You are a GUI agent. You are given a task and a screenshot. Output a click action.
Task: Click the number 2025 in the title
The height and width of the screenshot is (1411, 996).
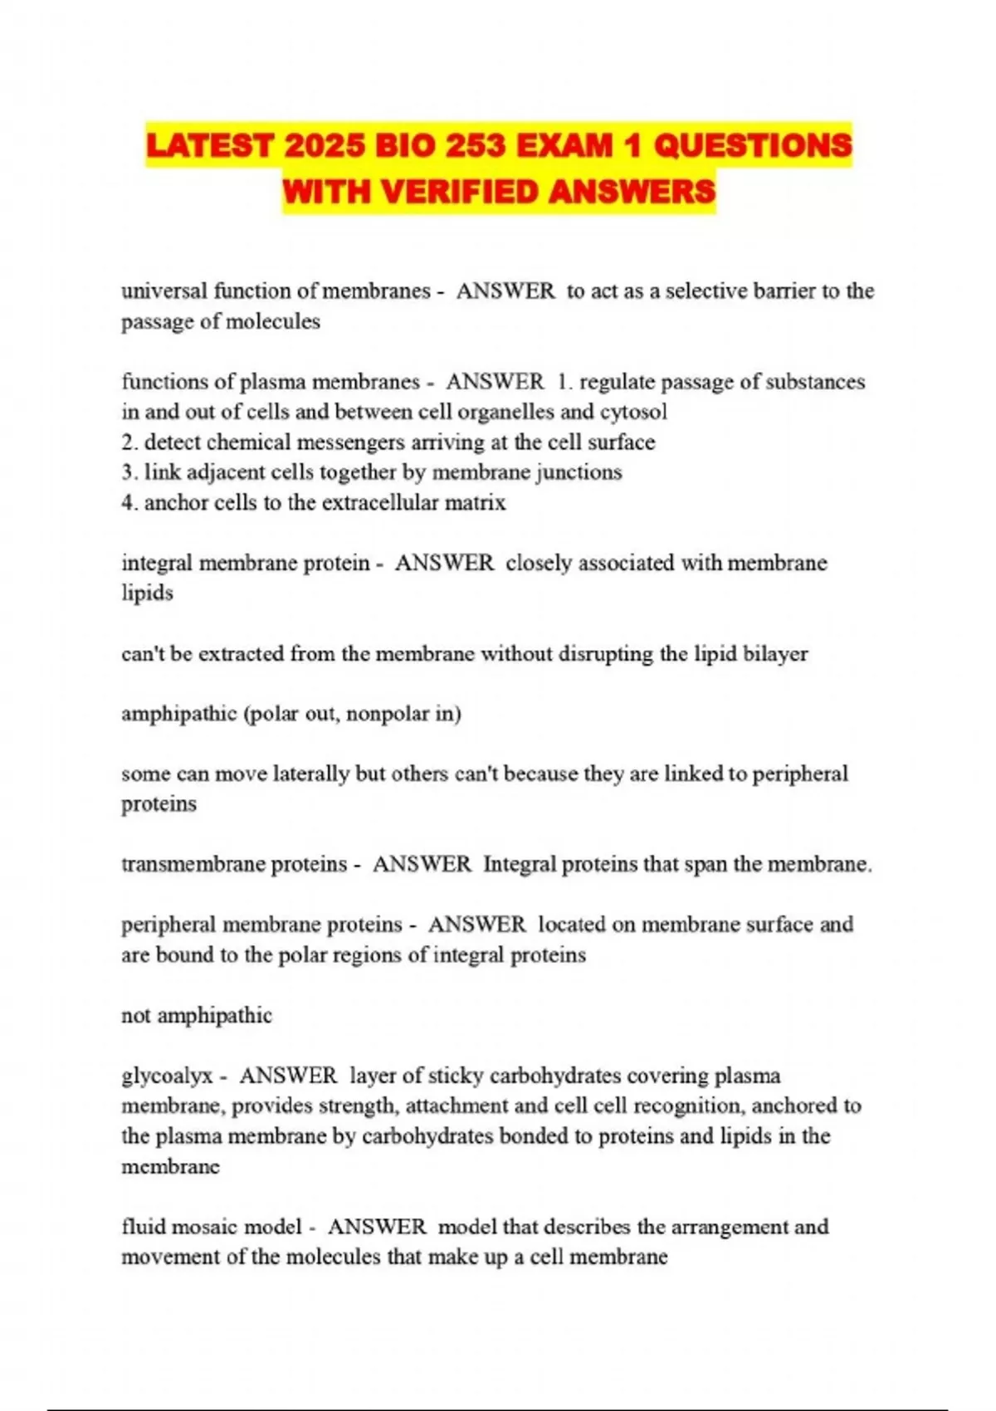tap(324, 146)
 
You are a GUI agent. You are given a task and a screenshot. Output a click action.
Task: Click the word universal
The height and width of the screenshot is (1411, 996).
tap(164, 290)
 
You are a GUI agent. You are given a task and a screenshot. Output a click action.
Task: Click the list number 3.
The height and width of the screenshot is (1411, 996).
tap(128, 472)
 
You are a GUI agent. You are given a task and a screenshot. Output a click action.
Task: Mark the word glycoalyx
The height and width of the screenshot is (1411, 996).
tap(167, 1076)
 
